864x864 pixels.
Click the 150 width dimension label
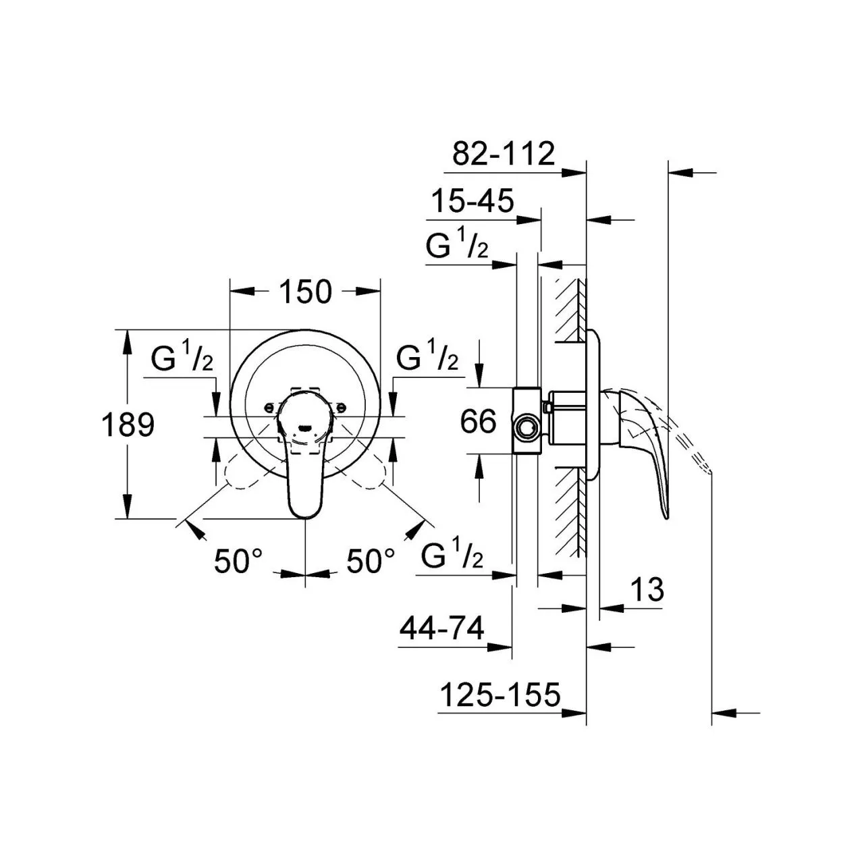[305, 292]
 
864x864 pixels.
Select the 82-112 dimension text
[504, 154]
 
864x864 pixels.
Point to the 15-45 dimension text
[473, 201]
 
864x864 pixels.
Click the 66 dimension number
[479, 421]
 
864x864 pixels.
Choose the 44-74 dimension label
[441, 628]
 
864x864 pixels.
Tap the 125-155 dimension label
[500, 695]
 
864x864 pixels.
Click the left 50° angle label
[238, 561]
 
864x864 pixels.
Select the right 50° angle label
[371, 561]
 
